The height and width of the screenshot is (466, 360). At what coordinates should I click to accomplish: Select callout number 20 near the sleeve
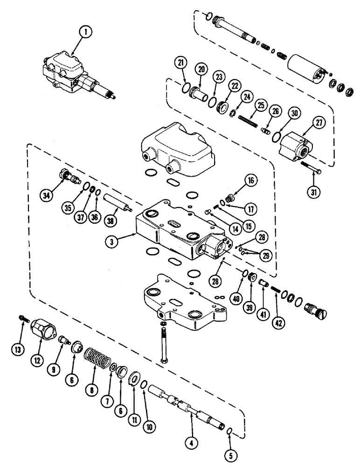pyautogui.click(x=201, y=69)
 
